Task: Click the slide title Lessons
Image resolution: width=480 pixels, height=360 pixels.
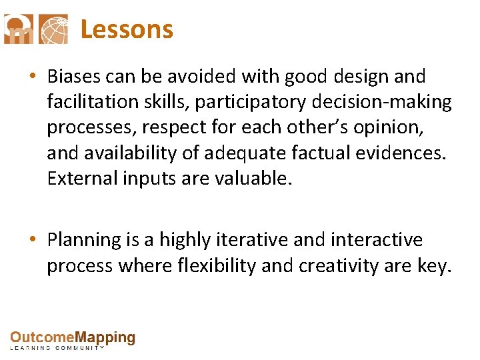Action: tap(127, 30)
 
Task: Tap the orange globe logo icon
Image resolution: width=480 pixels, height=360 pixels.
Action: tap(53, 29)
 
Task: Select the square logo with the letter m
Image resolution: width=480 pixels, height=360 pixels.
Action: tap(18, 29)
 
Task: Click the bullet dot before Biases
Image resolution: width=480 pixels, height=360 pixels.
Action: tap(33, 77)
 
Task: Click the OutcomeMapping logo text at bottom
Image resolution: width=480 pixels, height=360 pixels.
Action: tap(72, 339)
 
